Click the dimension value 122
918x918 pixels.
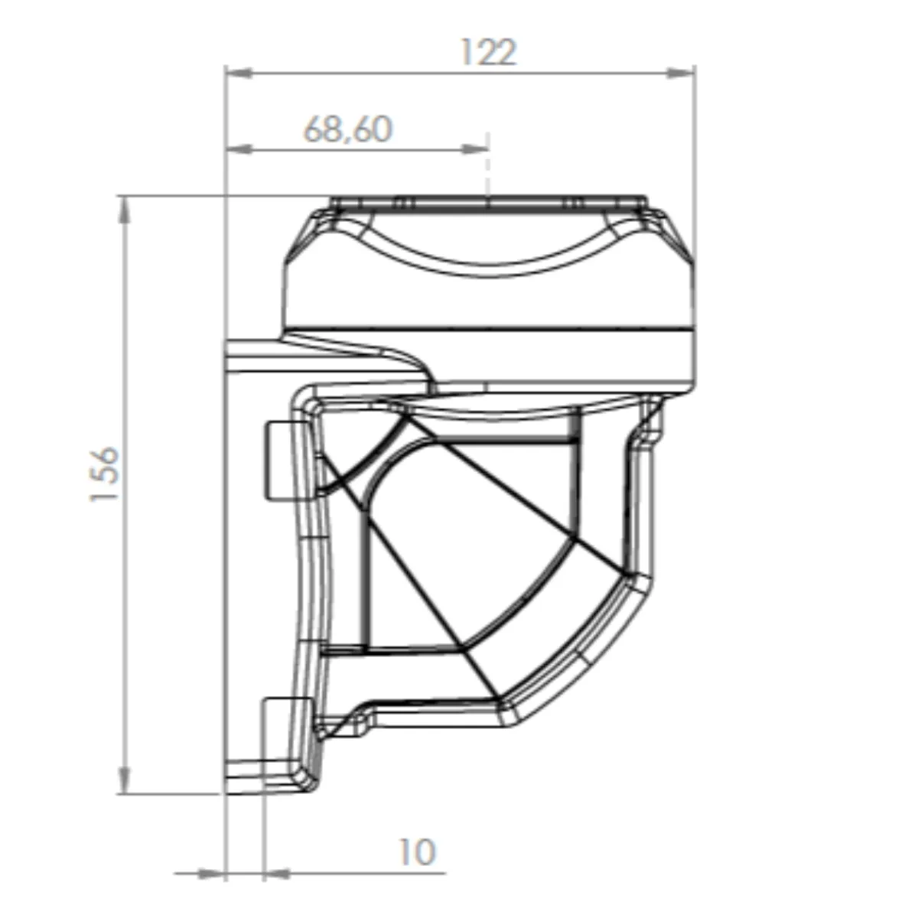pyautogui.click(x=488, y=52)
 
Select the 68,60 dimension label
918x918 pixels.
pyautogui.click(x=348, y=129)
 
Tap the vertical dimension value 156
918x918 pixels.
pyautogui.click(x=105, y=474)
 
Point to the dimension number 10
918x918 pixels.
pyautogui.click(x=417, y=852)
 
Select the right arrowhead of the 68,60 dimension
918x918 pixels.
pyautogui.click(x=475, y=150)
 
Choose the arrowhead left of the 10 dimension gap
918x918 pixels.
pyautogui.click(x=213, y=873)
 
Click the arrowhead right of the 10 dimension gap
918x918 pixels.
pyautogui.click(x=277, y=873)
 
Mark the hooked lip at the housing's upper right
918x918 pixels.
pyautogui.click(x=650, y=421)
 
